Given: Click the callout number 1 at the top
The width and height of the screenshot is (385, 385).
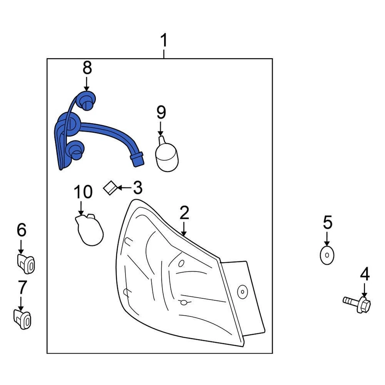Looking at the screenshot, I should [164, 41].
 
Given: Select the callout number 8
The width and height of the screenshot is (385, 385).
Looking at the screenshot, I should [87, 68].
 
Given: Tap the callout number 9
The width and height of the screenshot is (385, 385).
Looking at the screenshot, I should [161, 113].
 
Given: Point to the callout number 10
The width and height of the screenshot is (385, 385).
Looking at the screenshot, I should [83, 192].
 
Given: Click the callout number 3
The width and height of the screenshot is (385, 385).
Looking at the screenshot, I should [137, 187].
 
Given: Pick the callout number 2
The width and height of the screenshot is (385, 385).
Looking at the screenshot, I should [184, 213].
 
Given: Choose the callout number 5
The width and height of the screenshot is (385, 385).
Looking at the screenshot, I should [328, 222].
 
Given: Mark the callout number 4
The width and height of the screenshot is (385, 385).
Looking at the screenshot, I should [365, 275].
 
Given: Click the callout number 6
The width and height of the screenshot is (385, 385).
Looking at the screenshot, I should [21, 230].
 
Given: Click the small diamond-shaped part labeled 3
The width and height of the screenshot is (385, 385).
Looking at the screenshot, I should [109, 188].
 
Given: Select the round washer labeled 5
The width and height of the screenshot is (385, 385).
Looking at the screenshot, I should [327, 255].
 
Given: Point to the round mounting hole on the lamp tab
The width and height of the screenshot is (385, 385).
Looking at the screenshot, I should [242, 292].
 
